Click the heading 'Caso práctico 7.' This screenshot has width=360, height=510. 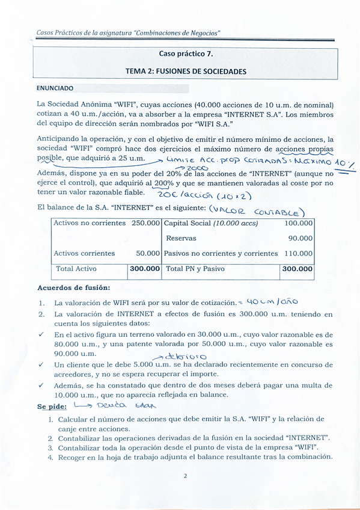(x=185, y=53)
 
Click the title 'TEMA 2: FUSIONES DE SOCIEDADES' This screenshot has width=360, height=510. (x=185, y=71)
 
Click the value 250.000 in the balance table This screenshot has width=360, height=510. (x=145, y=223)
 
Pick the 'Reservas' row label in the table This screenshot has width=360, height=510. (x=181, y=238)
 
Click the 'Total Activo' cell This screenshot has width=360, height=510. (x=76, y=269)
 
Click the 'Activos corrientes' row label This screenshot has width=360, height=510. (x=84, y=254)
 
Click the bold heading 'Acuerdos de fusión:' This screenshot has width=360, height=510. (x=73, y=288)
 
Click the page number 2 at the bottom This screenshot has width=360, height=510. (x=185, y=476)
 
